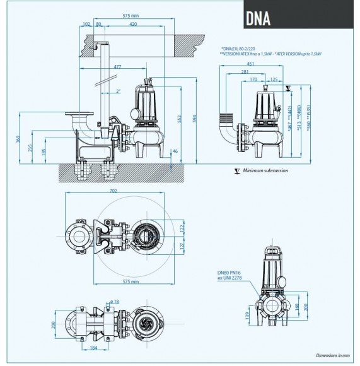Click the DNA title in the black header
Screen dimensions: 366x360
[257, 17]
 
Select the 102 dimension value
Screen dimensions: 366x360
[86, 25]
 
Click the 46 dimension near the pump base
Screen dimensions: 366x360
[175, 151]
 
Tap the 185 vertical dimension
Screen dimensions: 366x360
[44, 151]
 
